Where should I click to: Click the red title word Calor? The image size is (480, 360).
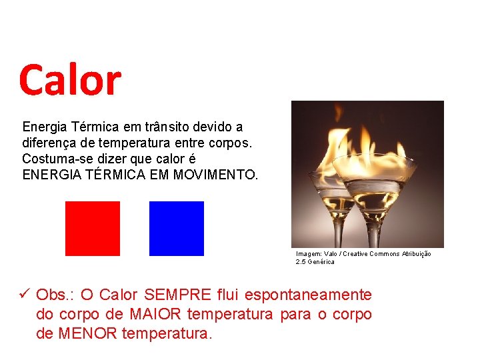coord(70,80)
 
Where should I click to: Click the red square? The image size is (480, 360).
coord(93,229)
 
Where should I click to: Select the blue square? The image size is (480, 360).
coord(177,229)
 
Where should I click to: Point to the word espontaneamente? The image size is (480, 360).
coord(308,295)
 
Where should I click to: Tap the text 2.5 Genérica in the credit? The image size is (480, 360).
coord(315,262)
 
